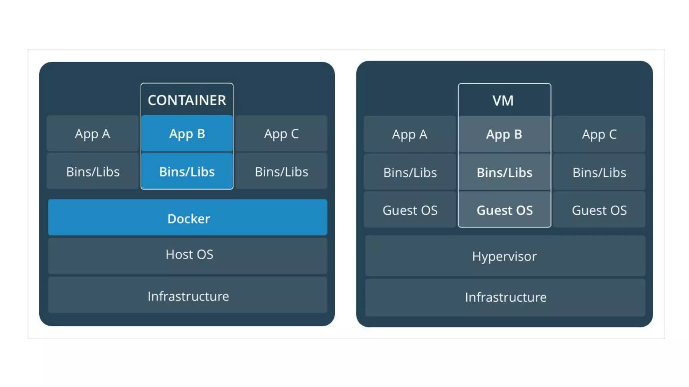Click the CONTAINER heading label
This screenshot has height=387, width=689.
[x=187, y=100]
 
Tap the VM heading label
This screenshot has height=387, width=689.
[x=503, y=101]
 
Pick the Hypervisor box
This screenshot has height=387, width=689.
[x=505, y=256]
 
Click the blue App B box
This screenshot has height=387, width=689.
[x=187, y=134]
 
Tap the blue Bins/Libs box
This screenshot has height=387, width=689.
[x=187, y=171]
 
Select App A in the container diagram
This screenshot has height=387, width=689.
[x=93, y=134]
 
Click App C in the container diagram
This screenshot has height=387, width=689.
[x=281, y=134]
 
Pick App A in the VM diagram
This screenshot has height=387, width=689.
[x=409, y=134]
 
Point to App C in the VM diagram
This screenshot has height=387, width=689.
[x=599, y=134]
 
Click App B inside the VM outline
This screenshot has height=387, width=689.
[x=504, y=134]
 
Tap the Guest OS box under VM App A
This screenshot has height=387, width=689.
[x=410, y=210]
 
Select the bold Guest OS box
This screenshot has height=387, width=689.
[x=504, y=210]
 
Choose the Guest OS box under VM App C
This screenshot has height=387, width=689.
[x=599, y=210]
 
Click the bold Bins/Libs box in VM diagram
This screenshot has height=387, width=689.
[x=504, y=172]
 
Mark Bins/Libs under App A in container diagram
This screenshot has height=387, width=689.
[x=93, y=171]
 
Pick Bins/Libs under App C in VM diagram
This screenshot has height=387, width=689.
[x=599, y=172]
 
